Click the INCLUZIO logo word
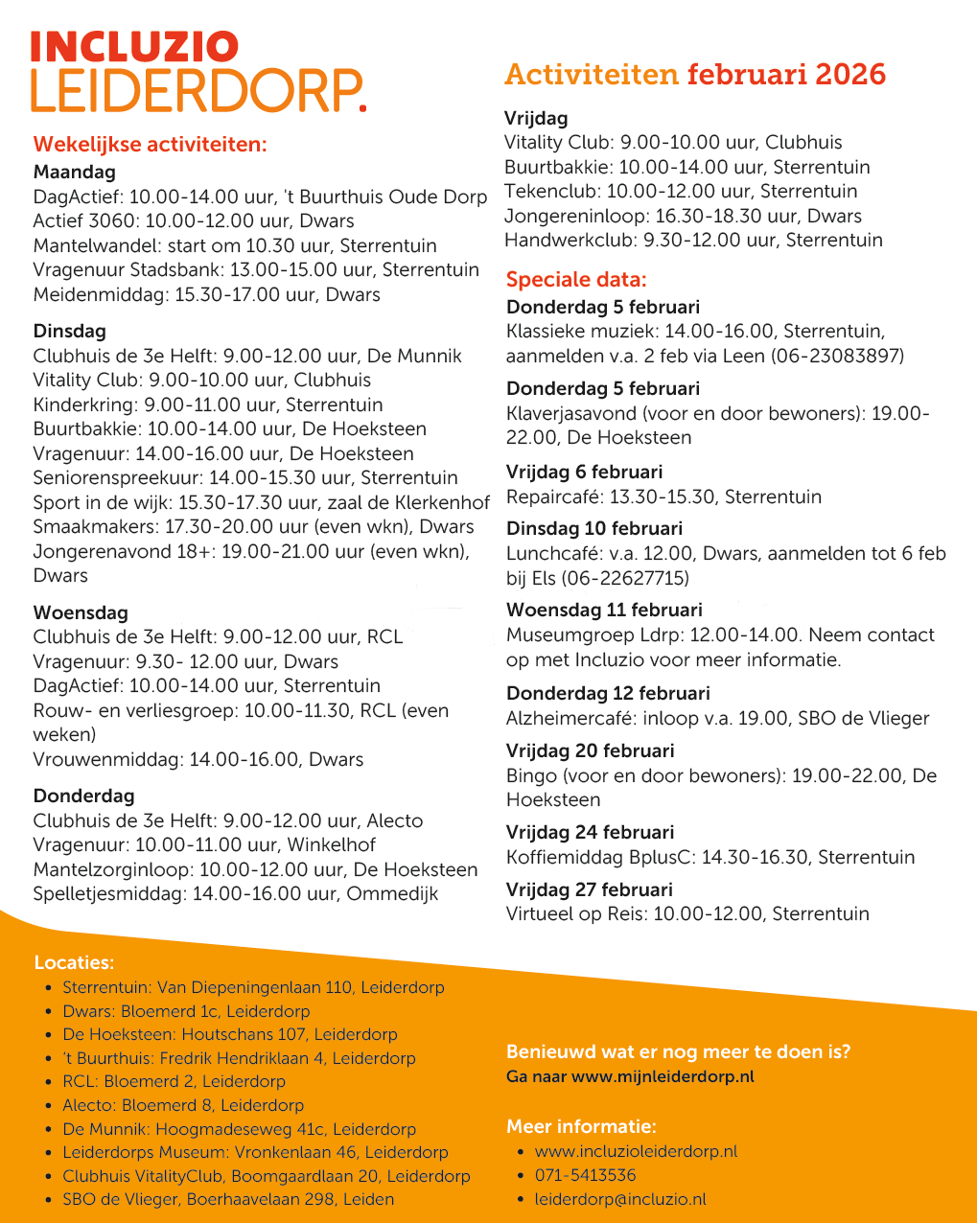coord(134,47)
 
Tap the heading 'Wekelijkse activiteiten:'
coord(150,145)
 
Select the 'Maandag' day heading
coord(74,173)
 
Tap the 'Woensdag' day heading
coord(81,612)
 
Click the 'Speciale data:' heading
coord(576,280)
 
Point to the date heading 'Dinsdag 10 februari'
coord(594,528)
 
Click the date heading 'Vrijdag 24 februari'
coord(590,832)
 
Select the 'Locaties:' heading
coord(74,962)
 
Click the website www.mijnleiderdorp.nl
coord(663,1076)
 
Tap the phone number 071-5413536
coord(585,1175)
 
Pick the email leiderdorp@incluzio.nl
coord(620,1199)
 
